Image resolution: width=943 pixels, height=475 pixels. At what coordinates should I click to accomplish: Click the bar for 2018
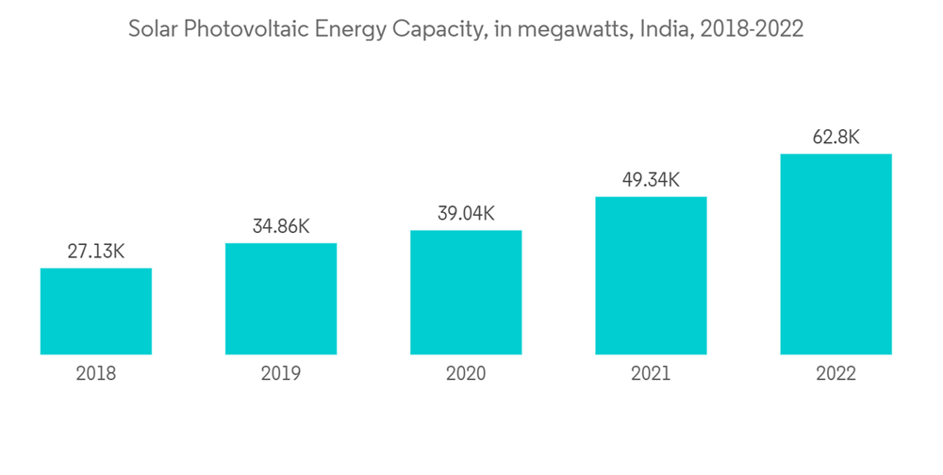click(96, 311)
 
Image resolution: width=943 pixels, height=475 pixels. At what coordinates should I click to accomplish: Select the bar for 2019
click(281, 299)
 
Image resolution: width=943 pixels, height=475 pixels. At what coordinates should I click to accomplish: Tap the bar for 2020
click(466, 292)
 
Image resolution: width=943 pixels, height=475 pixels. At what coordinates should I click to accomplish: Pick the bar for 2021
click(651, 275)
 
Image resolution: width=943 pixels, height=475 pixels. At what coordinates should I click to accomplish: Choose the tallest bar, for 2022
click(835, 254)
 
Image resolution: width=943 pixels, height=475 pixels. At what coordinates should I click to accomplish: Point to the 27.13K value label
click(96, 252)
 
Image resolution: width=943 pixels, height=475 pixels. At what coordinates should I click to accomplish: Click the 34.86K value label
click(281, 227)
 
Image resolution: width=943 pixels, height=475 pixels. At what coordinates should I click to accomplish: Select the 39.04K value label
click(466, 214)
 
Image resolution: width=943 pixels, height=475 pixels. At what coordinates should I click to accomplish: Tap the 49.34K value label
click(651, 180)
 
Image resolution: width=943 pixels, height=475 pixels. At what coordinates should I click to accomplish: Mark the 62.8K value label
click(835, 138)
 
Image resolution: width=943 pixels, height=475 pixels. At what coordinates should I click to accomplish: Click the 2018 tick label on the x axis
click(96, 374)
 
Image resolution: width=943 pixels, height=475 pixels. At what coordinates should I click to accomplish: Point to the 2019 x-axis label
click(281, 374)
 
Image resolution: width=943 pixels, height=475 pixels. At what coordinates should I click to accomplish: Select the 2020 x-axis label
click(466, 374)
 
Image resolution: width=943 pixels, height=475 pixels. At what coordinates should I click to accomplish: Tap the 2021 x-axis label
click(651, 374)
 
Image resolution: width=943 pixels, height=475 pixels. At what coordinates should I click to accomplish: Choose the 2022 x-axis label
click(835, 374)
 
